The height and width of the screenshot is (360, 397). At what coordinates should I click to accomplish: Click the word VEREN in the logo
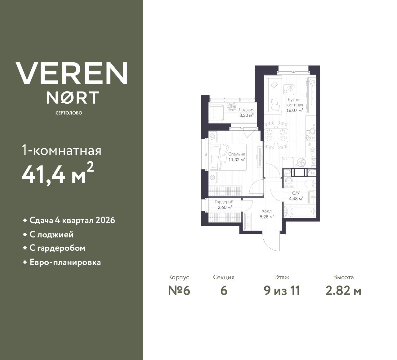(x=71, y=73)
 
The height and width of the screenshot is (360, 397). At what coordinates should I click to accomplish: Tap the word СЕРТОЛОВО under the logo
(x=69, y=113)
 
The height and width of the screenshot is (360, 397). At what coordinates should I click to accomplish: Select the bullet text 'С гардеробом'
(x=57, y=248)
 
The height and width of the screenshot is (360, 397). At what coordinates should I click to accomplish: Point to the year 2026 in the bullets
(x=105, y=220)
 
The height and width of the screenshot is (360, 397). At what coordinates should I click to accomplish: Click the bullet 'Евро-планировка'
(x=65, y=263)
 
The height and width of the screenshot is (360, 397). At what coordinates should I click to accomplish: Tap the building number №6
(x=179, y=291)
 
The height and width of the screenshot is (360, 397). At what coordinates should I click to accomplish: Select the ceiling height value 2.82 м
(x=343, y=291)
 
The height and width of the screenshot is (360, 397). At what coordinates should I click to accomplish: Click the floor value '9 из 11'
(x=282, y=291)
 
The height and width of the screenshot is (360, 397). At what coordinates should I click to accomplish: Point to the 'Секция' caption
(x=224, y=277)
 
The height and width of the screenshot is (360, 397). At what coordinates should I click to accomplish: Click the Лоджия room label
(x=246, y=110)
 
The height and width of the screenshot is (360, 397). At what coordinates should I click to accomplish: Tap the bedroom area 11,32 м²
(x=237, y=160)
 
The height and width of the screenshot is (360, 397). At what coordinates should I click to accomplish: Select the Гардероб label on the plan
(x=224, y=202)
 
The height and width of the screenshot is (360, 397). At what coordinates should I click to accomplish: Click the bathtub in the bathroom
(x=301, y=213)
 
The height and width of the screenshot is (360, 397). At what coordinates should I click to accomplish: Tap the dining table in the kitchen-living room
(x=276, y=135)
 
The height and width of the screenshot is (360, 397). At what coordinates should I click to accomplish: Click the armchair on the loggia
(x=216, y=112)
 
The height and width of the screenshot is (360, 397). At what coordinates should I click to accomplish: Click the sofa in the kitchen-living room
(x=273, y=95)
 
